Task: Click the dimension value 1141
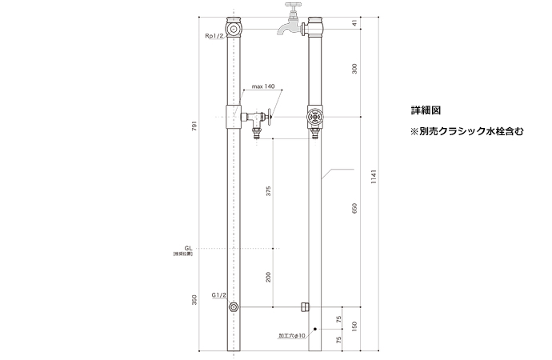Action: click(374, 181)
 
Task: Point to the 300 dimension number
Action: click(354, 71)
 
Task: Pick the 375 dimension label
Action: click(269, 192)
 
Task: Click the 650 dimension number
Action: click(354, 210)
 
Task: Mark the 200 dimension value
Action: click(269, 278)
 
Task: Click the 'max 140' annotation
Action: click(262, 86)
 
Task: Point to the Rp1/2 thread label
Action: click(214, 37)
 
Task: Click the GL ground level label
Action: click(187, 249)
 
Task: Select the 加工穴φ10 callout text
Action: click(293, 336)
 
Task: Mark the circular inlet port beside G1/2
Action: click(233, 307)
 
